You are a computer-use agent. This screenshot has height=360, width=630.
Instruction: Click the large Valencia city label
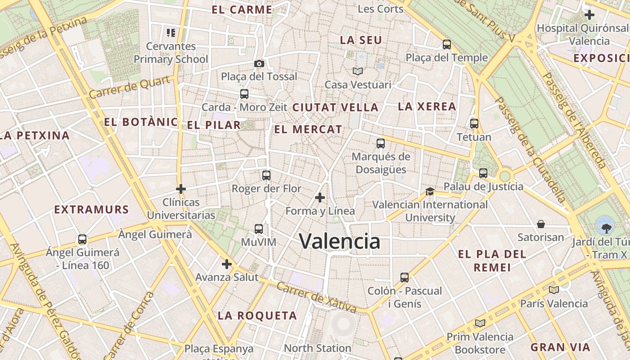pos(340,242)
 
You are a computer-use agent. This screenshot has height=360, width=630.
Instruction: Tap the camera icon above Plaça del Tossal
pos(259,63)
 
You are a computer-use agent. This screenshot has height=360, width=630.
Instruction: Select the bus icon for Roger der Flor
pos(266,175)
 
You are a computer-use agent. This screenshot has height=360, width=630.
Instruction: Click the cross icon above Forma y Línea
pos(320,198)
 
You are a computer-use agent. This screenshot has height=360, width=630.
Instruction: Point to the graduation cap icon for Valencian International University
pos(430,191)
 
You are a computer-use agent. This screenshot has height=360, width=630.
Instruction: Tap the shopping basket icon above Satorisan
pos(541,224)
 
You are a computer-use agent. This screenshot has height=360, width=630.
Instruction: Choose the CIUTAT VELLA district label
pos(335,108)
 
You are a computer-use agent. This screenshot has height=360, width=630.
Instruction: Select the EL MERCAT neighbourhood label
pos(308,130)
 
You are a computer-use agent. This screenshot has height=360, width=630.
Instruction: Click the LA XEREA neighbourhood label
pos(427,107)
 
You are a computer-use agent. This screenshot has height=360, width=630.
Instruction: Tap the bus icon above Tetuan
pos(474,123)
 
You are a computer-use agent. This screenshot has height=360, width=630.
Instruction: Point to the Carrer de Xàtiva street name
pos(317,297)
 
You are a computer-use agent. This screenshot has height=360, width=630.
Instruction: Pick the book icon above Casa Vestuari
pos(358,71)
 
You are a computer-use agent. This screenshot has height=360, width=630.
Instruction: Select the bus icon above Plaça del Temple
pos(446,44)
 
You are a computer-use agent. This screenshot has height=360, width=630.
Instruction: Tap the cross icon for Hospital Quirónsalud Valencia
pos(589,15)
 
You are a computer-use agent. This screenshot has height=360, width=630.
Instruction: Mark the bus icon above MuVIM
pos(258,229)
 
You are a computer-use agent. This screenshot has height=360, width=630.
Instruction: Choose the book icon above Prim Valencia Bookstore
pos(480,323)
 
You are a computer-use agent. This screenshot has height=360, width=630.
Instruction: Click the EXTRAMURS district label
pos(91,210)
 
